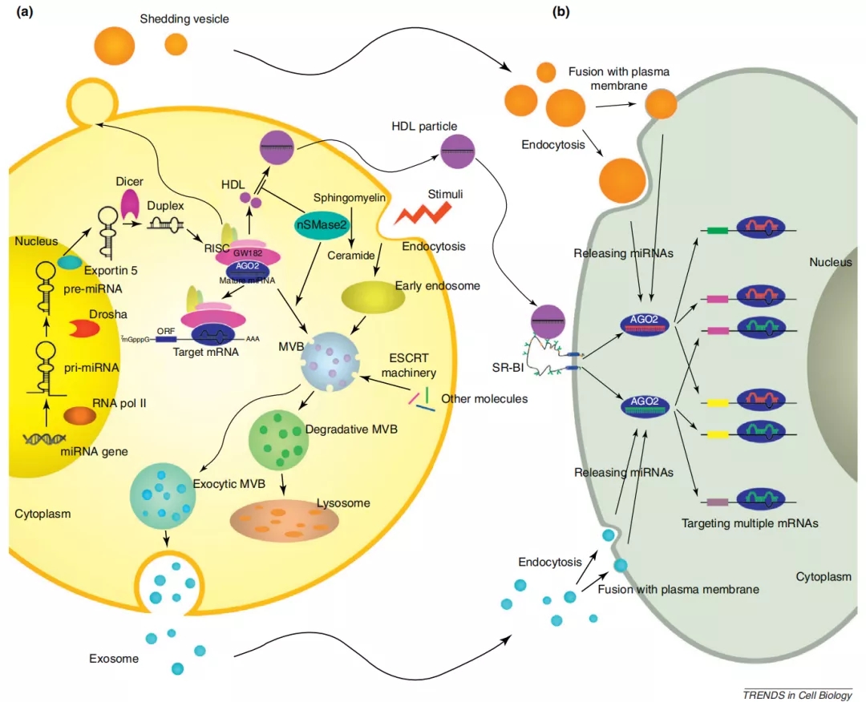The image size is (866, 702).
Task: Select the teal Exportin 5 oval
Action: [70, 262]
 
